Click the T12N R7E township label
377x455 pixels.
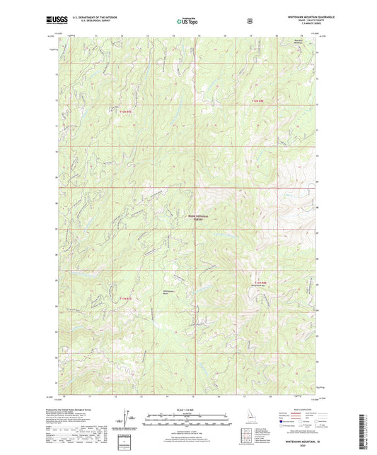(124, 107)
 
